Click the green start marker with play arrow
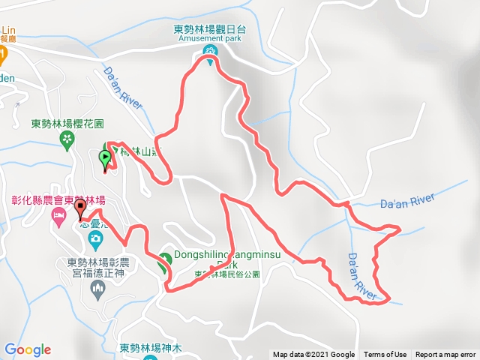point(104,158)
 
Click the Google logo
point(28,349)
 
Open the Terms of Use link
point(385,355)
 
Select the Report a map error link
point(445,355)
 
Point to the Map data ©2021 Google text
point(313,355)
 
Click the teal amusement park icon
point(210,51)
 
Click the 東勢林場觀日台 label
point(208,30)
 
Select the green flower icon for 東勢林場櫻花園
point(67,138)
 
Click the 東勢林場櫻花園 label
point(67,124)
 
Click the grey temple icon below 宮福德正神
point(95,289)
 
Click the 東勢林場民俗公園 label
point(226,275)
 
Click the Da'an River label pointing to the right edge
point(407,200)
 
